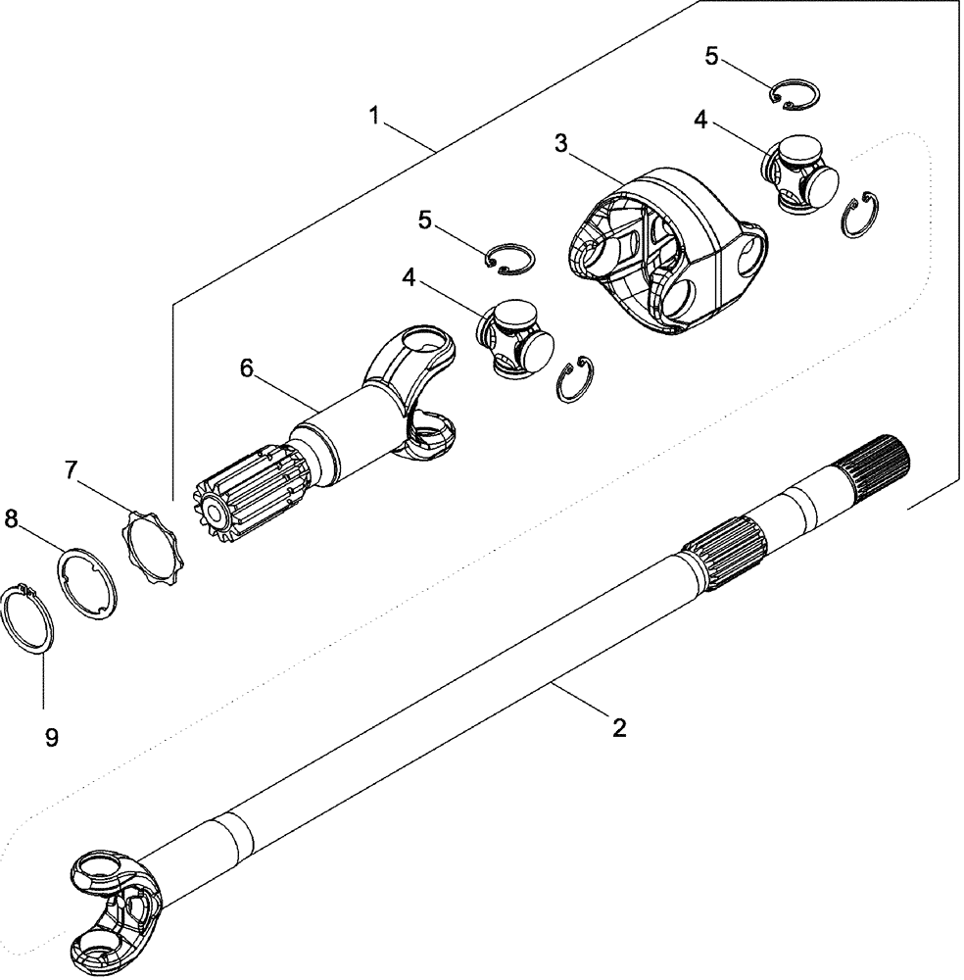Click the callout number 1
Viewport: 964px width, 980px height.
374,116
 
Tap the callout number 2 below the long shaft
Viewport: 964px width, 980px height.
618,727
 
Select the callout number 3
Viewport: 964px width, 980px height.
560,144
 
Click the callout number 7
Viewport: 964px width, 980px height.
72,470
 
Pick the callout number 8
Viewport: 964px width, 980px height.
11,520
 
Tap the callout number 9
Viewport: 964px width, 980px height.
51,737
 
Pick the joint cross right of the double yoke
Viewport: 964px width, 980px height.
800,174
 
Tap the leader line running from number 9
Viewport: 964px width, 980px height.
41,676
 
